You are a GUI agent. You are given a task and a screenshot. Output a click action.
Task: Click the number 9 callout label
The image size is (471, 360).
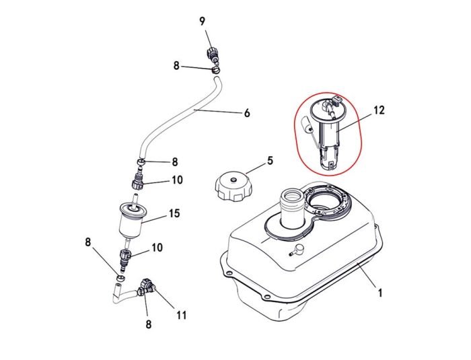[x=202, y=21]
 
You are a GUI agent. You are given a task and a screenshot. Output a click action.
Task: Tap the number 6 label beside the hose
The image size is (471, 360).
[x=247, y=113]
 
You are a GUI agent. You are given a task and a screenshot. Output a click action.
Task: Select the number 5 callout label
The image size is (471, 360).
[x=270, y=161]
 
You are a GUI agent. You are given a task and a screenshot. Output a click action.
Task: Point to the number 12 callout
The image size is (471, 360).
[x=379, y=110]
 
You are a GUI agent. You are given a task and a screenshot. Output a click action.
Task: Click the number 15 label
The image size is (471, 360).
[x=174, y=213]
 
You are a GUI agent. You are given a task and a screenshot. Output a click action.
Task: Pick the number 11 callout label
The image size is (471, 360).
[x=181, y=314]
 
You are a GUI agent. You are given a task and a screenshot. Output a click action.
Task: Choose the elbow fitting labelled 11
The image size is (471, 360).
[x=147, y=288]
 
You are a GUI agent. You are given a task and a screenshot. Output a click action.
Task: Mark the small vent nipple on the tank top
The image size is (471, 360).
[x=295, y=251]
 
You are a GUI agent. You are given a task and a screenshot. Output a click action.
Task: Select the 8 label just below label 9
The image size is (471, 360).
[x=177, y=66]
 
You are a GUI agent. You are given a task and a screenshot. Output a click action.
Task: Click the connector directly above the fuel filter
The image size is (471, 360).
[x=137, y=180]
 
